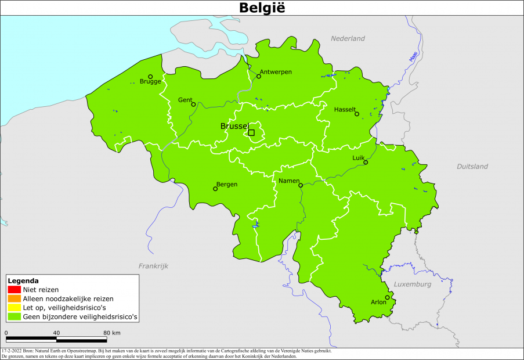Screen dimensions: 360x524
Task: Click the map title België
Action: click(262, 8)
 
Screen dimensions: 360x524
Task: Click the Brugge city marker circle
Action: click(150, 76)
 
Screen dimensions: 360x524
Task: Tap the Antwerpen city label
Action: click(276, 71)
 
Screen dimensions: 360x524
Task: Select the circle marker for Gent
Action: click(193, 105)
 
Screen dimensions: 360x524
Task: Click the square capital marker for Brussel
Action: click(251, 132)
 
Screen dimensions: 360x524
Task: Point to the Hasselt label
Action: click(345, 110)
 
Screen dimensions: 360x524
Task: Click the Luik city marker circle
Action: click(366, 163)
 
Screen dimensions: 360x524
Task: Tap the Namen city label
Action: click(288, 181)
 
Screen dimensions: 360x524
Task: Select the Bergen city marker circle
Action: click(215, 189)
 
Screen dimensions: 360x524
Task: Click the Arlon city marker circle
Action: click(387, 297)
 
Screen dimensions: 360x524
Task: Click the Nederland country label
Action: click(348, 38)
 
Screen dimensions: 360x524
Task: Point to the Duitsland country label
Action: click(472, 167)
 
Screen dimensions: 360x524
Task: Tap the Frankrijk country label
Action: click(153, 265)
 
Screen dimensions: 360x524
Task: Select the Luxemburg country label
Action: click(413, 285)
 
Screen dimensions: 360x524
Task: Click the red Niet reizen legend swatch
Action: click(15, 289)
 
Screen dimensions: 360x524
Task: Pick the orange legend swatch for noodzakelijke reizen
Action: click(15, 298)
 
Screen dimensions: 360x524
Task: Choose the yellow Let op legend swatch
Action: click(15, 308)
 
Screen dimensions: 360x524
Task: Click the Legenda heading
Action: click(23, 280)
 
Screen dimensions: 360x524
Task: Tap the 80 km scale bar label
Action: click(112, 333)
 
